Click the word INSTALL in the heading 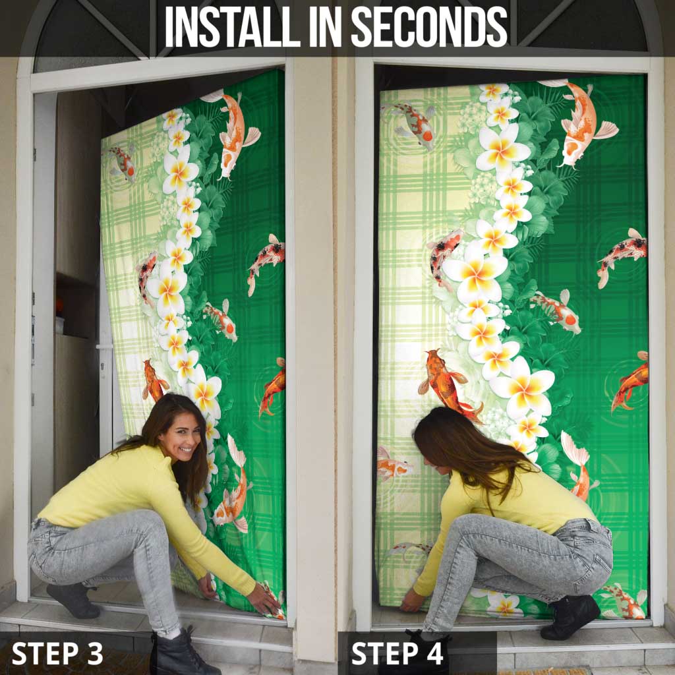[x=233, y=26]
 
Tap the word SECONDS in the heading [x=429, y=26]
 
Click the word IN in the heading [x=326, y=26]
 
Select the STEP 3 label [x=57, y=653]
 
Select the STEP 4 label [x=397, y=653]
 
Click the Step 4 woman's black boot [x=570, y=616]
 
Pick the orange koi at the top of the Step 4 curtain [x=579, y=123]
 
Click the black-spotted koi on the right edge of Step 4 [x=622, y=256]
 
